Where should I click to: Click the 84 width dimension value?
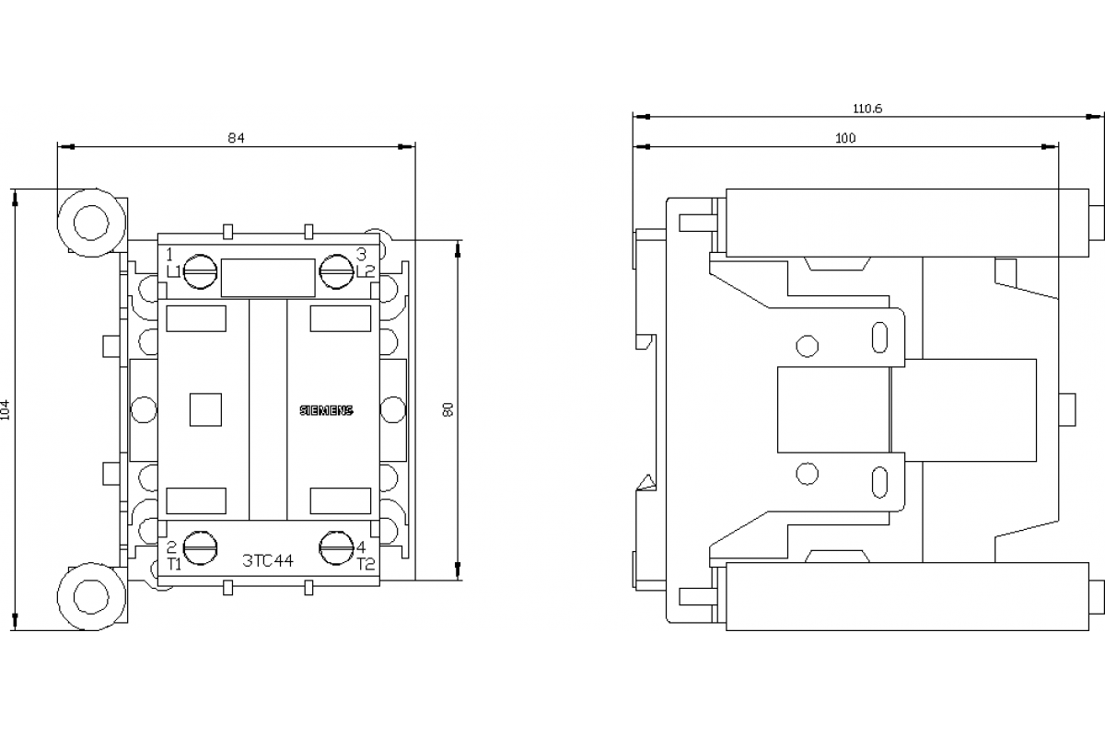[236, 138]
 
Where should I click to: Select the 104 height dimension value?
[6, 409]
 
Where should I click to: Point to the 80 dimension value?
[448, 409]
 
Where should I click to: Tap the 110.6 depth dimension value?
[867, 109]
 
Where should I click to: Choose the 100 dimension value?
[845, 138]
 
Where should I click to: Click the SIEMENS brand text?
[327, 410]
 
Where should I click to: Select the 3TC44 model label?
[268, 560]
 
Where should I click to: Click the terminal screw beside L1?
[201, 271]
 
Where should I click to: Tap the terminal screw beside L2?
[336, 271]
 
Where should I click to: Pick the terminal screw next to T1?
[201, 547]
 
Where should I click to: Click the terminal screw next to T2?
[336, 547]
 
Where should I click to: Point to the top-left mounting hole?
[91, 223]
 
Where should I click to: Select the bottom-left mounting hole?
[91, 596]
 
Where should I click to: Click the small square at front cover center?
[205, 409]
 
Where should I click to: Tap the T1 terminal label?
[174, 564]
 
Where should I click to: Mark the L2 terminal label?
[366, 270]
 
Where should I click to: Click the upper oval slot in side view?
[879, 338]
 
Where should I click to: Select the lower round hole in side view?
[807, 474]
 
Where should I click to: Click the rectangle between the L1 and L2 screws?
[268, 278]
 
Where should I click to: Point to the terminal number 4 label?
[361, 547]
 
